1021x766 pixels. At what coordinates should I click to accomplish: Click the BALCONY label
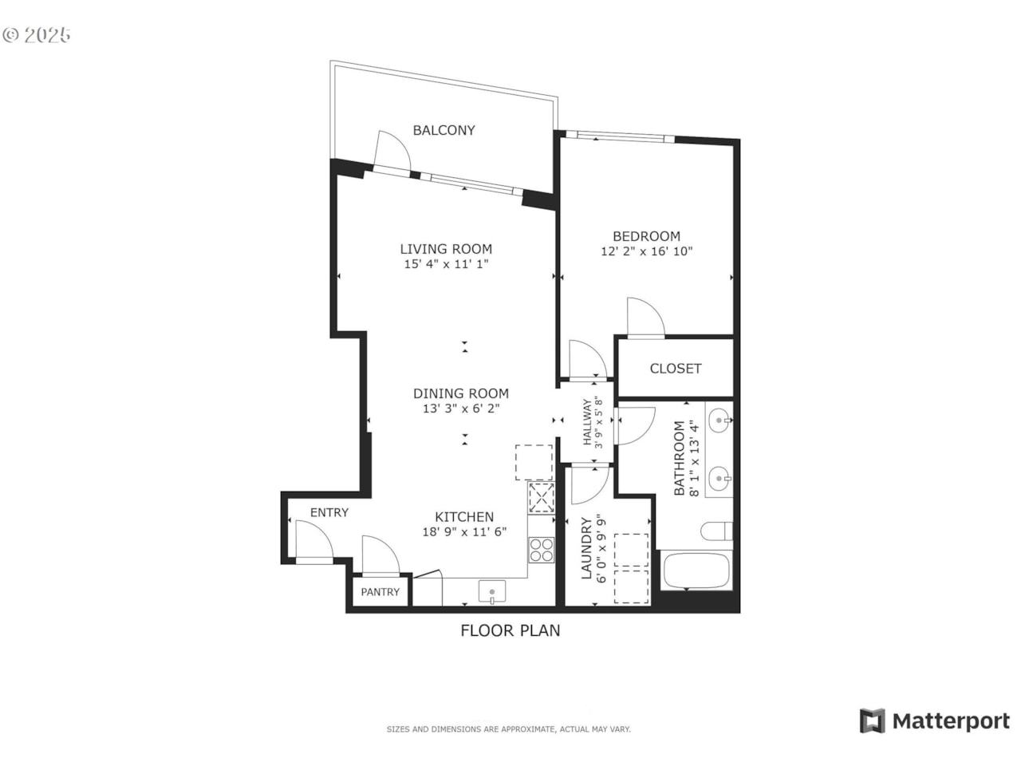(x=443, y=130)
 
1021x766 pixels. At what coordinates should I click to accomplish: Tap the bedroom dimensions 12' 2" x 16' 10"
(x=646, y=251)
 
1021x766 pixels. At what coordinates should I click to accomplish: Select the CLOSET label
(x=675, y=369)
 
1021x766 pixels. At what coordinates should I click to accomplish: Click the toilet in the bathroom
(x=716, y=531)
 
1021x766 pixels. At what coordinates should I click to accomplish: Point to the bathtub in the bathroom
(x=696, y=571)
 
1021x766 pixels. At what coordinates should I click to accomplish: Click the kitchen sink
(x=491, y=591)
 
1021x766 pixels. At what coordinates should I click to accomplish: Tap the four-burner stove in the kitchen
(x=542, y=550)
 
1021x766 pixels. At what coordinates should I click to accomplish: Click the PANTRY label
(x=380, y=592)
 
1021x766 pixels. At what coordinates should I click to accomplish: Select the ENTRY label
(x=329, y=512)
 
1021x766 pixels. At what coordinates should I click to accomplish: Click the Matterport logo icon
(x=872, y=721)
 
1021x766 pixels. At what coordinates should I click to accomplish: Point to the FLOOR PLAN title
(x=510, y=630)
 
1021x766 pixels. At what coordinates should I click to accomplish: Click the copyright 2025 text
(x=37, y=35)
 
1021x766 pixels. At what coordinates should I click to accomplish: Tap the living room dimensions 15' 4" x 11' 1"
(x=446, y=264)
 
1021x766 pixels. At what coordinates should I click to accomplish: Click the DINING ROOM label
(x=460, y=393)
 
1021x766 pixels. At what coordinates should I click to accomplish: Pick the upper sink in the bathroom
(x=719, y=421)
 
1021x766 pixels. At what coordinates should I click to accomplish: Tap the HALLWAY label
(x=587, y=421)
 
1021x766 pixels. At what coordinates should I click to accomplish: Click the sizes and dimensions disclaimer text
(x=508, y=729)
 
